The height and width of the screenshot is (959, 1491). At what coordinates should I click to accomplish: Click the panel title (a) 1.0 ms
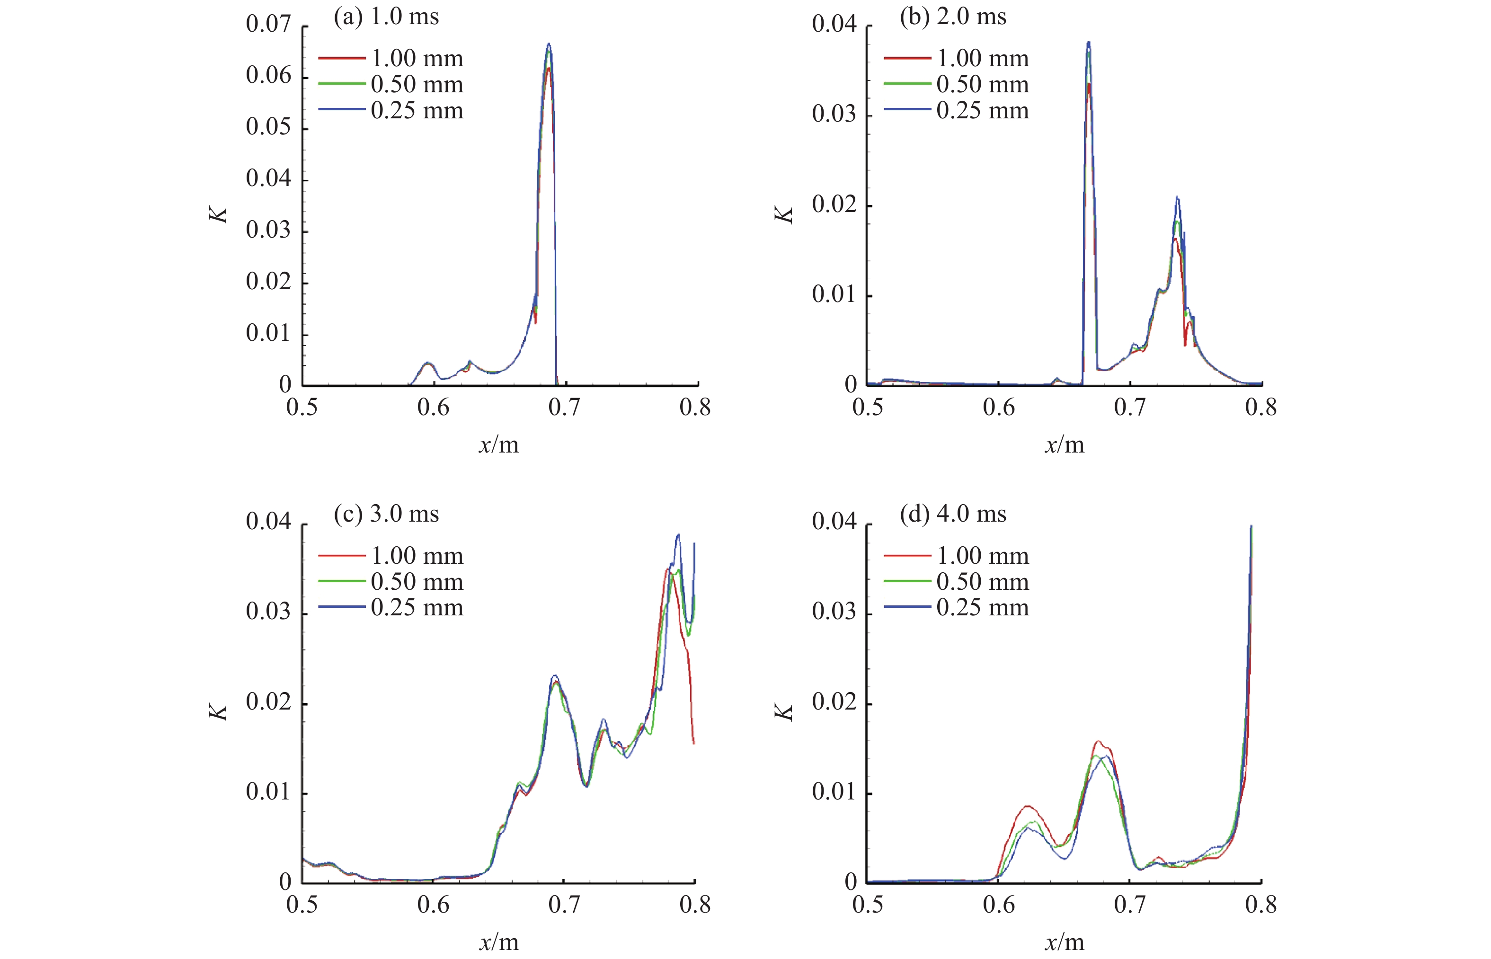pos(386,17)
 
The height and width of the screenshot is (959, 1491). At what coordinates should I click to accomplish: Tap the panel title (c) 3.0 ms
pos(386,515)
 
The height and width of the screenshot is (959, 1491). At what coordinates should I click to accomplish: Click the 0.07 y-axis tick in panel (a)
pos(268,24)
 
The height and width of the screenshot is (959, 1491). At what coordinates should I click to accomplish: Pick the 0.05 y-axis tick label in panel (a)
pos(268,127)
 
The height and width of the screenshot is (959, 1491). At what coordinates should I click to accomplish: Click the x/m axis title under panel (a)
pos(498,444)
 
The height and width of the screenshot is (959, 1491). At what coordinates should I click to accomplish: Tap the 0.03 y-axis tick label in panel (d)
pos(834,612)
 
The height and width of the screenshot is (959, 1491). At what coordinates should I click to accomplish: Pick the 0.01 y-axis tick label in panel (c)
pos(268,792)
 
